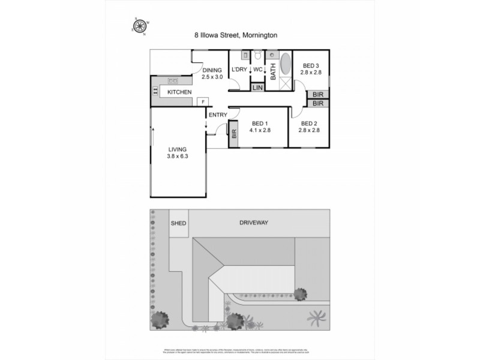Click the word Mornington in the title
pyautogui.click(x=259, y=35)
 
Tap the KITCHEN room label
pyautogui.click(x=179, y=92)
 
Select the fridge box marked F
pyautogui.click(x=203, y=101)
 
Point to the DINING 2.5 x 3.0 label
pyautogui.click(x=212, y=73)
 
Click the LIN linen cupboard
pyautogui.click(x=257, y=88)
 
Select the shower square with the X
pyautogui.click(x=286, y=84)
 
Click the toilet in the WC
pyautogui.click(x=257, y=56)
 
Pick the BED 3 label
pyautogui.click(x=311, y=65)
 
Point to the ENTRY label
pyautogui.click(x=217, y=114)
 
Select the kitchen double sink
pyautogui.click(x=173, y=80)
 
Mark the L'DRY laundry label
pyautogui.click(x=239, y=70)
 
